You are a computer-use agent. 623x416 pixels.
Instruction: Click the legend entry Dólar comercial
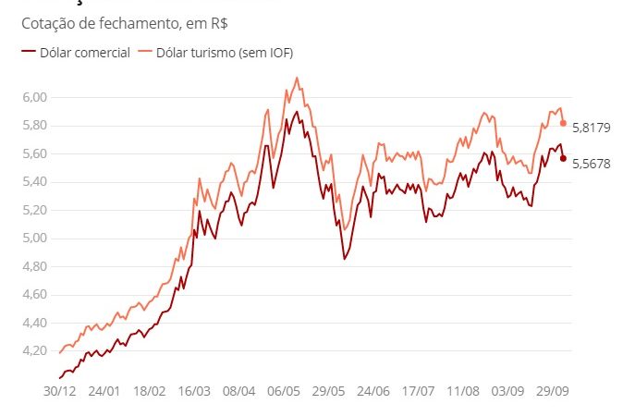tap(84, 53)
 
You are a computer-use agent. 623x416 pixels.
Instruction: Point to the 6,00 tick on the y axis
tap(34, 97)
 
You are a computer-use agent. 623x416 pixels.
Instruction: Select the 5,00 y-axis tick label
tap(34, 239)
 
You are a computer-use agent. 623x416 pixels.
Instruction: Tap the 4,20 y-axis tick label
tap(34, 351)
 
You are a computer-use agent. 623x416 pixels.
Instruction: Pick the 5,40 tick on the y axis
tap(34, 182)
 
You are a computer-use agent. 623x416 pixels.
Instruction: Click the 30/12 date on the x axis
tap(59, 391)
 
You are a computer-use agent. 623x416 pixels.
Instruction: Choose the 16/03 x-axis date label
tap(195, 391)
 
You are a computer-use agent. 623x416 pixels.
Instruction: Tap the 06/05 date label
tap(286, 391)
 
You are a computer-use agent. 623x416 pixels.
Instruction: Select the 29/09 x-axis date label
tap(551, 391)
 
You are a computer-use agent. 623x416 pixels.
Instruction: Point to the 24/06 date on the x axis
tap(373, 391)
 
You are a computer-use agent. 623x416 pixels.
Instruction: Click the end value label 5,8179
tap(592, 128)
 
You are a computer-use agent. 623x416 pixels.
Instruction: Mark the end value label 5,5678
tap(592, 164)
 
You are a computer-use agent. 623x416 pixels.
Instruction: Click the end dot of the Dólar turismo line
tap(563, 123)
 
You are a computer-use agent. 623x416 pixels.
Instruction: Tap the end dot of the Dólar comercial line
tap(563, 158)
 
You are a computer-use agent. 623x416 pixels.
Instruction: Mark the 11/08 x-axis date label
tap(462, 391)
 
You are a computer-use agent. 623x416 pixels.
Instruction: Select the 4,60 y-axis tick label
tap(34, 295)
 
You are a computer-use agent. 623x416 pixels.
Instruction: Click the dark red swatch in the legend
tap(27, 53)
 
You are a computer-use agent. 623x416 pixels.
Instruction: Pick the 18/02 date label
tap(150, 391)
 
